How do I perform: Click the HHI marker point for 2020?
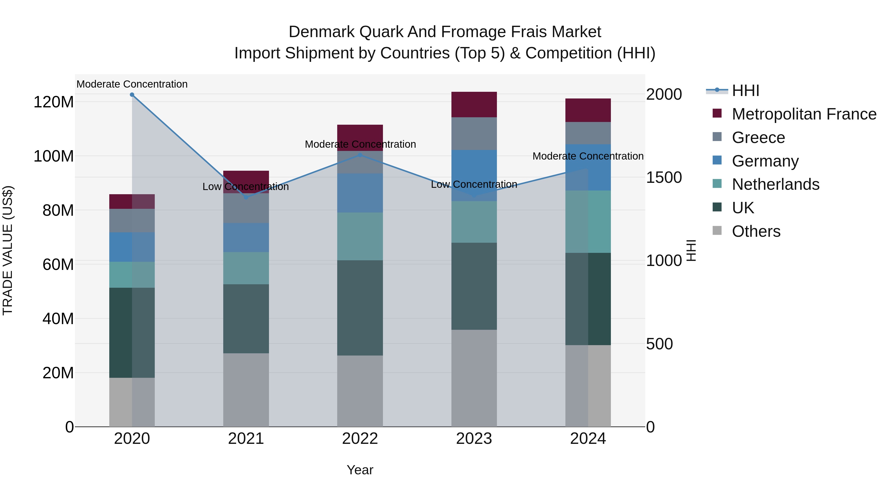132,95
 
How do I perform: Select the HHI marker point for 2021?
246,197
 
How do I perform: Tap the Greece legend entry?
758,138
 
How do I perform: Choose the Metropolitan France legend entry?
804,114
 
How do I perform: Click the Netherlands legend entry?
775,184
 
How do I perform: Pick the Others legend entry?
756,231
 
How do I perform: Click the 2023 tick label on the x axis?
474,439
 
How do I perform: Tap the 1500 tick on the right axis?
664,178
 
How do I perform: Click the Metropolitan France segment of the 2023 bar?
474,104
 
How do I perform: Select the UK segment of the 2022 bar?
360,308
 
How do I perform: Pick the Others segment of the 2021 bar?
246,390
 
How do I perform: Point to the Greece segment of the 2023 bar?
474,133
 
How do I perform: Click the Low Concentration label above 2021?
246,187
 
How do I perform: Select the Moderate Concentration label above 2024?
588,156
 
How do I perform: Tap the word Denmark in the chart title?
322,32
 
